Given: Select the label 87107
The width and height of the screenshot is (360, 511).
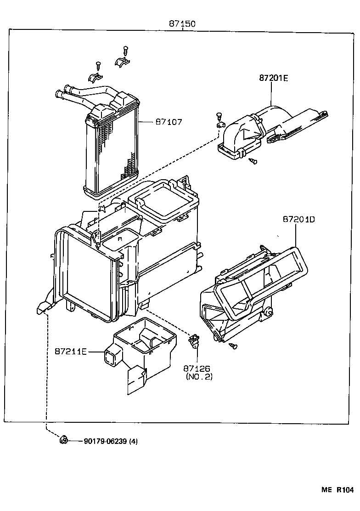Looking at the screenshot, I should (x=169, y=122).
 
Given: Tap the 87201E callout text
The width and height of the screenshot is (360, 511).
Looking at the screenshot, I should (x=273, y=78).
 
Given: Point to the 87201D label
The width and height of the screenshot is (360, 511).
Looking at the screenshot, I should (x=299, y=220).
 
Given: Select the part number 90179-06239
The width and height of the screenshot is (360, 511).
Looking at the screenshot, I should (x=105, y=442).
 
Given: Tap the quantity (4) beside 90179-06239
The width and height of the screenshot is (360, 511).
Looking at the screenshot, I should (x=133, y=442).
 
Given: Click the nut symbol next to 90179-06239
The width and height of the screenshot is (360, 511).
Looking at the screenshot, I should (x=64, y=441).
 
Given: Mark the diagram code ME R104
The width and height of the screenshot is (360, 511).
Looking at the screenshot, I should (x=337, y=490).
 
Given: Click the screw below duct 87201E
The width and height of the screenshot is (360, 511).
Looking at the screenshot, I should (x=253, y=161).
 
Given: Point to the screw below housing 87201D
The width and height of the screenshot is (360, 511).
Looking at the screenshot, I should (x=234, y=346).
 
